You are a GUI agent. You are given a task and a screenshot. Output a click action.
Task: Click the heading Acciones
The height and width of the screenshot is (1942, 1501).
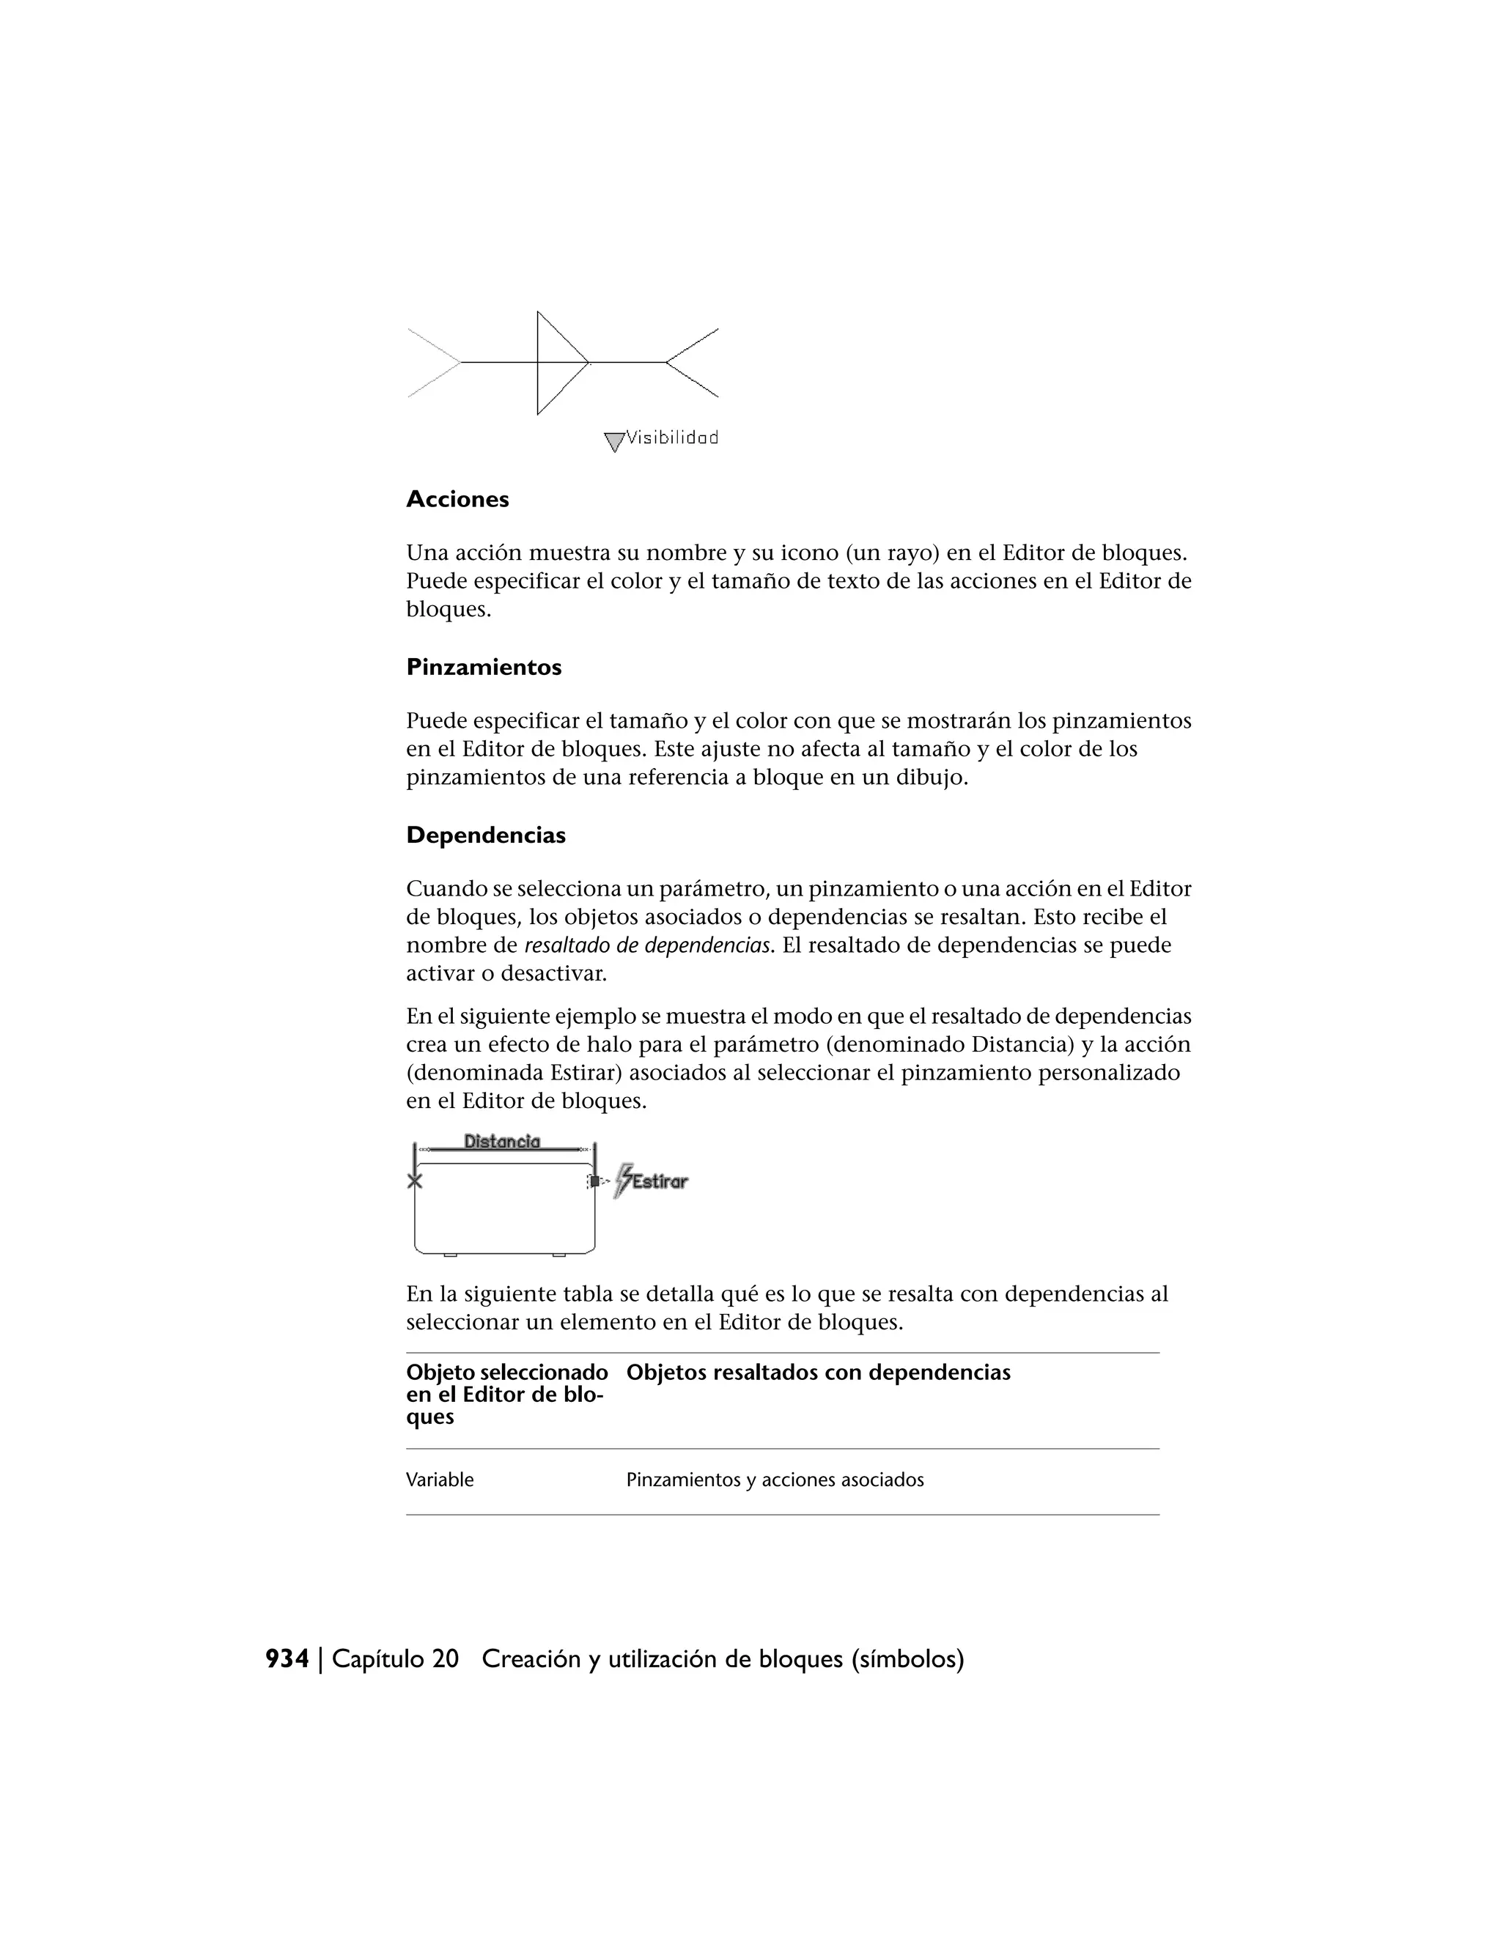click(x=457, y=500)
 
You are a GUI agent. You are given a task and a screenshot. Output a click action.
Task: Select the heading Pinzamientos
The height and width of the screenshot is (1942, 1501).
click(x=484, y=668)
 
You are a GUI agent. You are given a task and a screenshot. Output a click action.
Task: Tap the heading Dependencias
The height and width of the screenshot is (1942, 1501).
click(x=485, y=836)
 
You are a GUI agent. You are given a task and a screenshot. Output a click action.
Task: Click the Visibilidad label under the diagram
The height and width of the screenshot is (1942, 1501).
click(x=672, y=437)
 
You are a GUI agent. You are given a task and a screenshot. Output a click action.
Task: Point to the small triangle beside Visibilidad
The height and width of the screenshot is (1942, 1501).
click(x=613, y=441)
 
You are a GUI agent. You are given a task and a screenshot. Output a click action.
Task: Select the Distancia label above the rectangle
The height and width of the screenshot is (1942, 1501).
click(x=501, y=1141)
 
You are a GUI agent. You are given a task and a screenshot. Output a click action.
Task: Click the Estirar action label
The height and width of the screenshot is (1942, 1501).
click(x=660, y=1182)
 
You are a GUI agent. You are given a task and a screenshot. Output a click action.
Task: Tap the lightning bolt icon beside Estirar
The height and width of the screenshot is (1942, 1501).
click(x=624, y=1181)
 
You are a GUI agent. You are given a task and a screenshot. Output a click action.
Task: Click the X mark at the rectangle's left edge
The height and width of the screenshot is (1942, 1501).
click(x=414, y=1182)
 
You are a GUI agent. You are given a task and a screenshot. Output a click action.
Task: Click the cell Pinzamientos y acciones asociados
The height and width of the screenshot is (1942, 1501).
click(x=775, y=1480)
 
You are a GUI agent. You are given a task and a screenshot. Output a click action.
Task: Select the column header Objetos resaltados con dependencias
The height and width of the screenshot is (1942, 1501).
click(x=818, y=1373)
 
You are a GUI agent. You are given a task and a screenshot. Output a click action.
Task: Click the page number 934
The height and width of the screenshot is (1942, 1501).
click(x=287, y=1659)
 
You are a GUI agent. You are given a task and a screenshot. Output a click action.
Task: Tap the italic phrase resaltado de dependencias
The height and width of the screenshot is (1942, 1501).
click(x=647, y=945)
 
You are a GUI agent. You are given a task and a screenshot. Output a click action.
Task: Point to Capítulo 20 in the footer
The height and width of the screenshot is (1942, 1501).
click(x=395, y=1659)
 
